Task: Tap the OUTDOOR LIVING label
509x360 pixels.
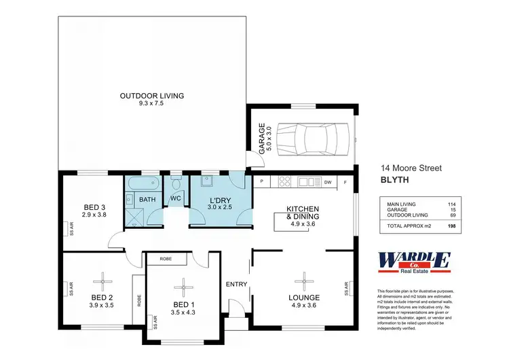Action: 151,96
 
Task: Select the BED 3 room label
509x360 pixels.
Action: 94,207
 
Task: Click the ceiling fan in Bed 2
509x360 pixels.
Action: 104,278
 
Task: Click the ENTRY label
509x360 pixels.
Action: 237,284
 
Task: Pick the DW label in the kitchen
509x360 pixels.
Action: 327,182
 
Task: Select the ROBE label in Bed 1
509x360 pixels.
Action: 165,259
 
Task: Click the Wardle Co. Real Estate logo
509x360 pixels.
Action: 412,262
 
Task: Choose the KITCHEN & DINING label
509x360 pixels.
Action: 303,213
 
